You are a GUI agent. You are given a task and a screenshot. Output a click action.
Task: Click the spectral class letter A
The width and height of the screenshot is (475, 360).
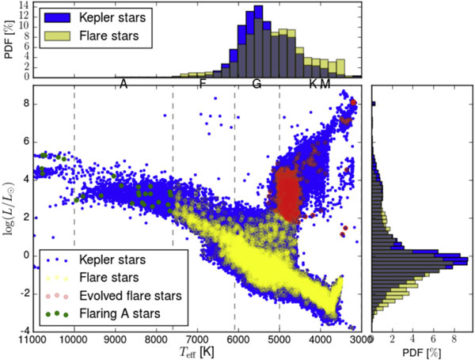coord(123,84)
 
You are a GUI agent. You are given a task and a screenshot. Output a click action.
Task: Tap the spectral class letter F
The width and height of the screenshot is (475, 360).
coord(203,84)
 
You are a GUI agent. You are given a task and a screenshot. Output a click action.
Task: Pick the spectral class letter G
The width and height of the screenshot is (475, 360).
coord(257,84)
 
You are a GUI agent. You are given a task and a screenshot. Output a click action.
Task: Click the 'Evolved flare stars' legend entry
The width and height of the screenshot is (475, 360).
coord(109,294)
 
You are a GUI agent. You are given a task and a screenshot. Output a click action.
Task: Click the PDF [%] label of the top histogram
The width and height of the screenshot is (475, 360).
coord(7,41)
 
